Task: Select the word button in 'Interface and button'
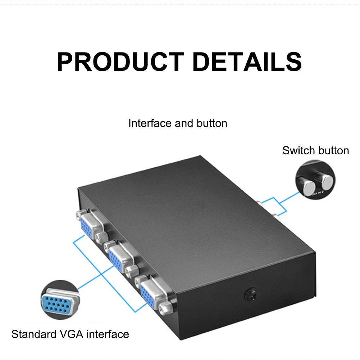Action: click(212, 123)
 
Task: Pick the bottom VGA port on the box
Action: click(152, 292)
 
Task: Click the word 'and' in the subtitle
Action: click(184, 123)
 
